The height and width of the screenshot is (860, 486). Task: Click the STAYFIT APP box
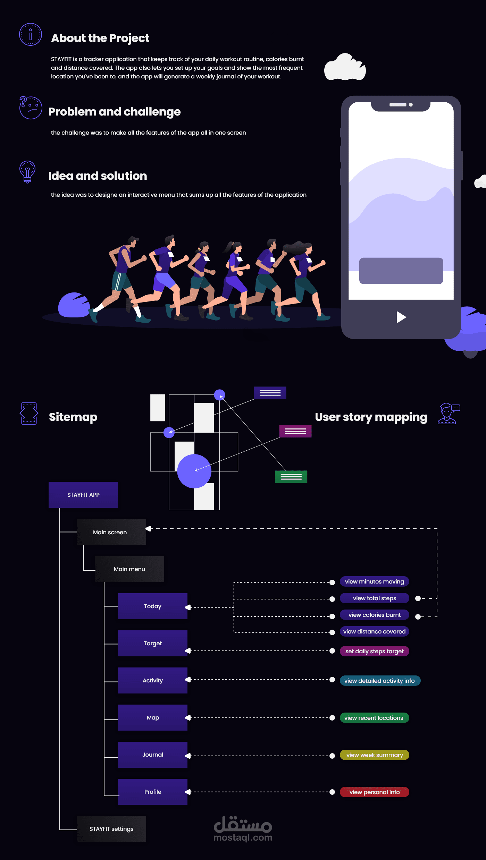click(83, 495)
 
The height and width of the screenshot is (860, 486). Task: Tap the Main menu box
click(129, 569)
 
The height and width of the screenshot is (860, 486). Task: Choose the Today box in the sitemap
click(152, 606)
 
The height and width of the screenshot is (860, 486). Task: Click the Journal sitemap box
click(152, 755)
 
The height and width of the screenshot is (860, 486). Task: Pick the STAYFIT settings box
click(111, 829)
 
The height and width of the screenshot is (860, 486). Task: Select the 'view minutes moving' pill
click(374, 581)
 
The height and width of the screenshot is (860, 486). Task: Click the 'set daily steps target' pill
click(374, 651)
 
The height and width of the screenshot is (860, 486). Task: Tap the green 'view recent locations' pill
click(374, 718)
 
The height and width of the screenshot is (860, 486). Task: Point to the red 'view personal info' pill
click(374, 792)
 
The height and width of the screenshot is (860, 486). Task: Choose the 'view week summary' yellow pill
click(374, 755)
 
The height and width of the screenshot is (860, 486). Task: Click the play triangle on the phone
click(401, 317)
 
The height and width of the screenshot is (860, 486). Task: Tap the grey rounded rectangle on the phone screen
click(401, 271)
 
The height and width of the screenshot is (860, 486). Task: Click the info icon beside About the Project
click(31, 34)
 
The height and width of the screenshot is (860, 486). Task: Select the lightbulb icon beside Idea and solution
click(27, 172)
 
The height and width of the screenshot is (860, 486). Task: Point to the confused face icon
click(31, 108)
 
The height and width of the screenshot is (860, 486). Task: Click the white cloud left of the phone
click(345, 68)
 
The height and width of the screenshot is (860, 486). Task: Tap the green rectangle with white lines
click(291, 477)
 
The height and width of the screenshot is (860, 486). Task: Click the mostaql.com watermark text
click(243, 837)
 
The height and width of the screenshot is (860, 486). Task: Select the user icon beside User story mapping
click(449, 414)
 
